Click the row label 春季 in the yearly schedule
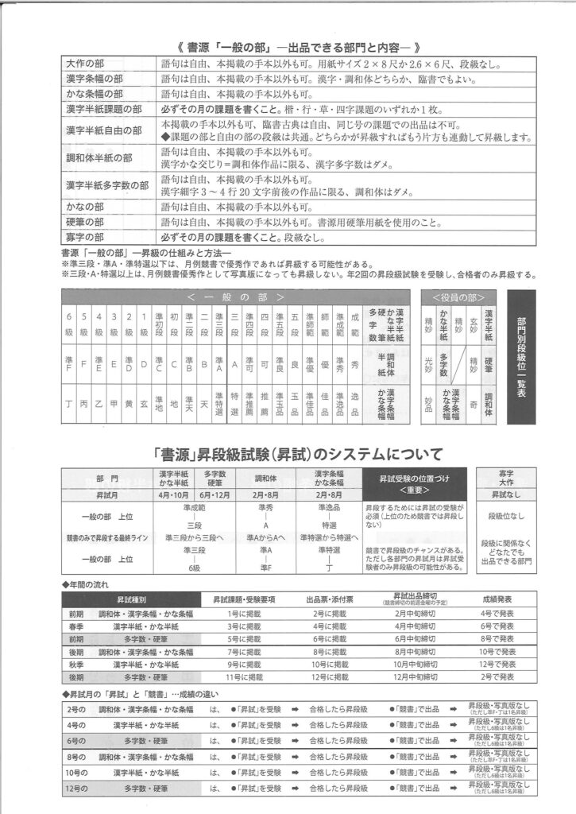point(75,626)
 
